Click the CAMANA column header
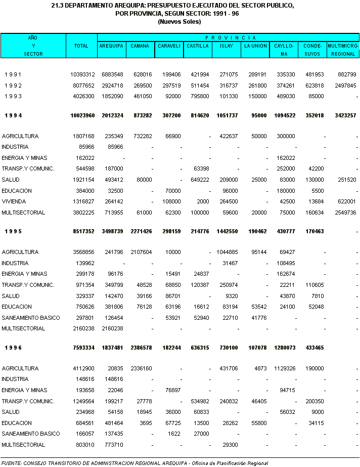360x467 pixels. point(140,46)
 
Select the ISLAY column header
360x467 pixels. point(226,46)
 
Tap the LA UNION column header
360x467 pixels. point(255,46)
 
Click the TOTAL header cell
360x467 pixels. point(81,46)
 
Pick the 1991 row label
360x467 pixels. point(13,74)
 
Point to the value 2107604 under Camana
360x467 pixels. point(139,252)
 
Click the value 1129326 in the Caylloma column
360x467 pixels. point(283,368)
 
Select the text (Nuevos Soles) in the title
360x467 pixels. point(179,22)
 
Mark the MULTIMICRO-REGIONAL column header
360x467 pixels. point(343,50)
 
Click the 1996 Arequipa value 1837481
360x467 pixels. point(111,348)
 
